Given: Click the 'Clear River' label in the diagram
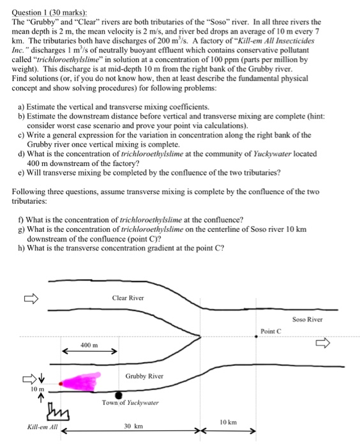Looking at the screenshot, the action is (128, 298).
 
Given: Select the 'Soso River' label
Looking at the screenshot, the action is (308, 319).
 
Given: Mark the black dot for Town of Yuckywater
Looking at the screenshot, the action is (119, 395).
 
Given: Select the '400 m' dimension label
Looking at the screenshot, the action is (89, 344).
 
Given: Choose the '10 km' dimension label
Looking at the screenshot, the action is (227, 423).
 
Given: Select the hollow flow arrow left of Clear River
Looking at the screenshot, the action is (32, 297).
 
